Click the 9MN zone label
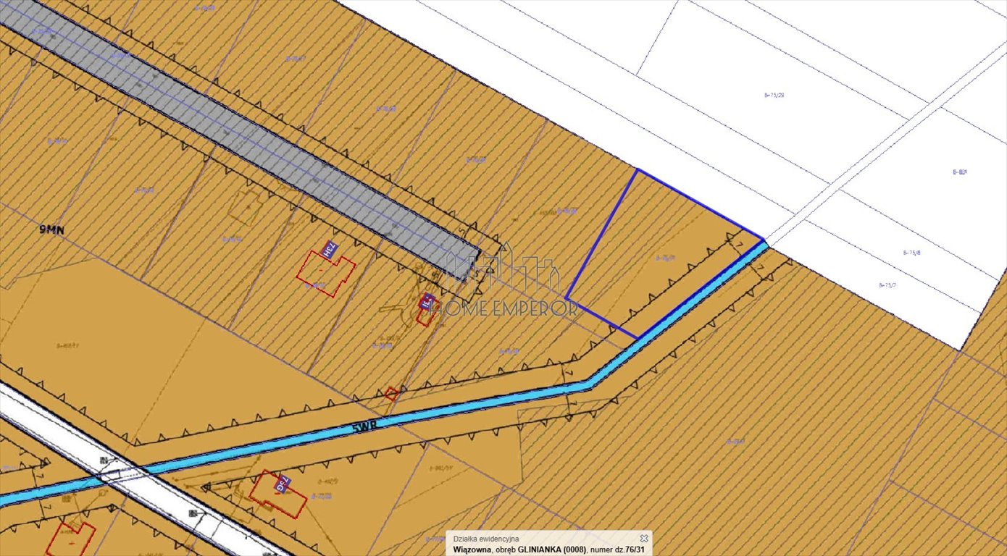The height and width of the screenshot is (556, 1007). [x=51, y=229]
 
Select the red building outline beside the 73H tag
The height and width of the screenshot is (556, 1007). [x=325, y=273]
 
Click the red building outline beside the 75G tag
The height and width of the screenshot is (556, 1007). [x=276, y=497]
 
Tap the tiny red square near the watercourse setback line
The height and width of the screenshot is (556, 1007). [x=391, y=394]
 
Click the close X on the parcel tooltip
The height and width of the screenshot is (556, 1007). [x=643, y=538]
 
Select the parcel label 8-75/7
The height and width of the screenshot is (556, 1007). [x=887, y=285]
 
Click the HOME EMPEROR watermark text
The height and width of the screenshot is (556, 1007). [x=503, y=308]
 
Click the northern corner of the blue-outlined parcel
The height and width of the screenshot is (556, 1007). [x=637, y=169]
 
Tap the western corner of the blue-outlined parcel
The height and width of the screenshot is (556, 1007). [x=566, y=298]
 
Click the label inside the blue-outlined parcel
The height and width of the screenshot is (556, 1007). [x=664, y=257]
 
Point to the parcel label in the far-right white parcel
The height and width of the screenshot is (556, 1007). [x=960, y=172]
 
